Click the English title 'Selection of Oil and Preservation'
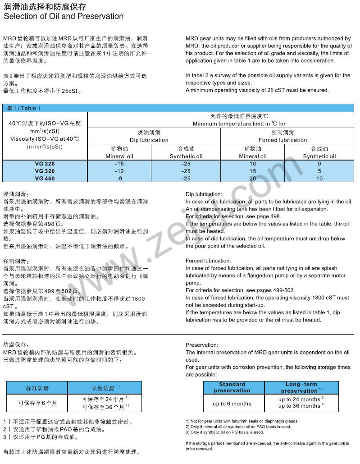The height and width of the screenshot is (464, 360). (63, 17)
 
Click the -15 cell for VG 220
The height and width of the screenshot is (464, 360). (119, 164)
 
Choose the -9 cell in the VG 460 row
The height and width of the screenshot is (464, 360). (119, 179)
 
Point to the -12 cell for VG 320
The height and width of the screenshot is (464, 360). (119, 171)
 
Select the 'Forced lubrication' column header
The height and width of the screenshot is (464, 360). (283, 140)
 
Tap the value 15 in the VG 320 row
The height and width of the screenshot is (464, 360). (252, 171)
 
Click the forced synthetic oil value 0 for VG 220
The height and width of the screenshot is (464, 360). (319, 164)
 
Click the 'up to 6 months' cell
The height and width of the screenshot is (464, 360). (232, 404)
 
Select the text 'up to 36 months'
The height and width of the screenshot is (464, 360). (299, 406)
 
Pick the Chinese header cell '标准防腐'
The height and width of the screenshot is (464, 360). (37, 388)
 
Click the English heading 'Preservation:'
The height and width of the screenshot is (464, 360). (201, 345)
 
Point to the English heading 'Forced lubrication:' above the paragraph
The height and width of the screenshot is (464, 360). (208, 261)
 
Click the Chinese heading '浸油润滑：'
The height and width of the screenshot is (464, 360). (16, 194)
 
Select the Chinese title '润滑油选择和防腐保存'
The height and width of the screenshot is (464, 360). (45, 6)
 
